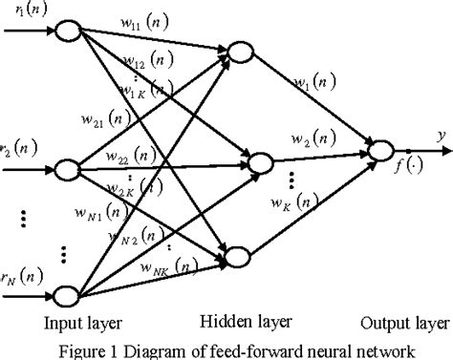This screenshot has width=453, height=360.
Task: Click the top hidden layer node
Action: click(x=237, y=51)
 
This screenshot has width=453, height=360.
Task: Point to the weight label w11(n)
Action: click(x=142, y=21)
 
